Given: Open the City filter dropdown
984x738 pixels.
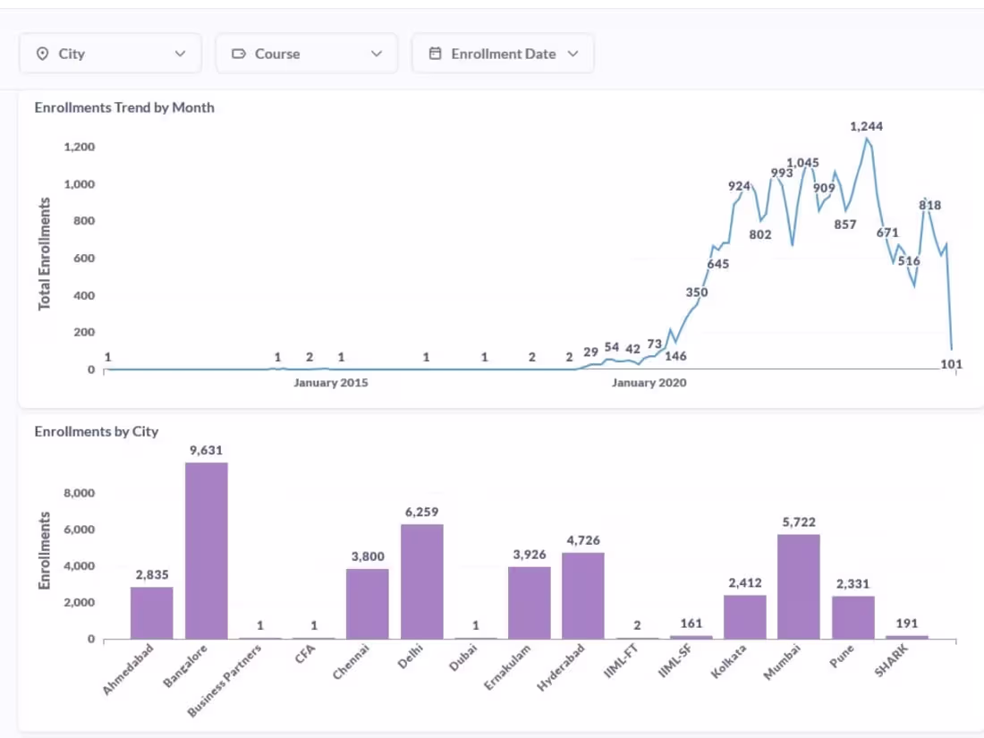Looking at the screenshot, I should coord(110,54).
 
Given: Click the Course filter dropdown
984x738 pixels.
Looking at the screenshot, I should coord(306,54).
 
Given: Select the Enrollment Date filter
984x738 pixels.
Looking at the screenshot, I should coord(503,54).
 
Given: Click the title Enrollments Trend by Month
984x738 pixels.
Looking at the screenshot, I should coord(124,107).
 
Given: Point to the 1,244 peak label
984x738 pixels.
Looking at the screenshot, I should coord(866,126).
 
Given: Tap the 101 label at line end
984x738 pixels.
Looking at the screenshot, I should coord(952,363).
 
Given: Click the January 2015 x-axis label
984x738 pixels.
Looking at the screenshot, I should coord(331,383).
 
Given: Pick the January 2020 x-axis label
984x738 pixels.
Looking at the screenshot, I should coord(649,383).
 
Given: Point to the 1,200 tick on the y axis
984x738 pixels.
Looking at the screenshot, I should coord(80,147).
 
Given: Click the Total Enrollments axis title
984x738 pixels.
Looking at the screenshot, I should coord(45,254).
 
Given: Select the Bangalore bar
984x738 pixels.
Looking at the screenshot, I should coord(206,550).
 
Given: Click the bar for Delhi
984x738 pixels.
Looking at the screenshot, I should coord(421,581).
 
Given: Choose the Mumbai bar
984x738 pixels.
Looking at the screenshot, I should coord(798,586).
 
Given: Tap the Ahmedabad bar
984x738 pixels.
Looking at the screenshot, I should coord(152,613).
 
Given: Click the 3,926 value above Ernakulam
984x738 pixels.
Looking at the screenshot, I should coord(529,555).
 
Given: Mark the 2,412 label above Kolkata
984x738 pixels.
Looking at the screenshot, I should coord(744,583).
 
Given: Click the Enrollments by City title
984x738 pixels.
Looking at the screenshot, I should coord(97,431).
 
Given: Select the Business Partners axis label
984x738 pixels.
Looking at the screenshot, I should coord(225,680).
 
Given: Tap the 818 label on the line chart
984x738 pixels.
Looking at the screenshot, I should coord(929,205).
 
